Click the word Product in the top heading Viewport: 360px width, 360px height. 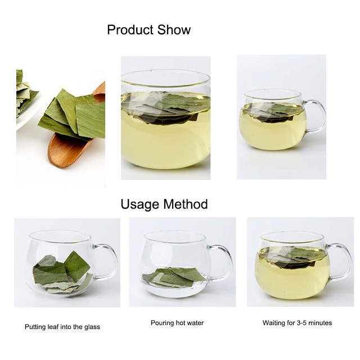click(x=129, y=30)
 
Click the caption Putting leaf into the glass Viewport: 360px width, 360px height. click(x=62, y=326)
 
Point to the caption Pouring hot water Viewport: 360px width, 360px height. click(x=177, y=323)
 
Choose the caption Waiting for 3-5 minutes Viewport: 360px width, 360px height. click(x=297, y=323)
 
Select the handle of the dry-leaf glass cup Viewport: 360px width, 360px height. click(x=110, y=262)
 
